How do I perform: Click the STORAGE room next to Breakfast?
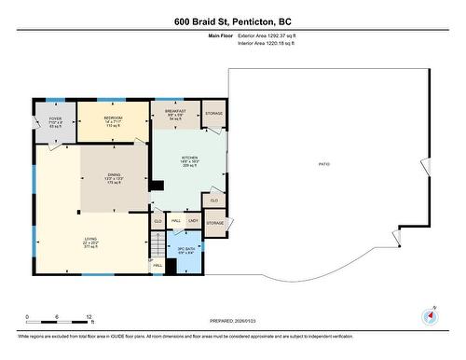coord(213,113)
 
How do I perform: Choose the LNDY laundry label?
coord(193,221)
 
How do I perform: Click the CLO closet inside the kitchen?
coord(214,201)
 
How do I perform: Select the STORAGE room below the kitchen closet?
coord(215,224)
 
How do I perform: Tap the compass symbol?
coord(430,316)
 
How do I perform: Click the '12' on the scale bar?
coord(88,317)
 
